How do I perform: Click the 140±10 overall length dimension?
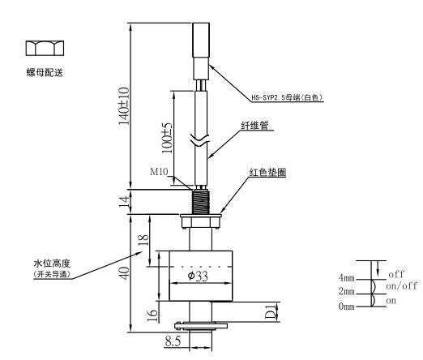(124, 105)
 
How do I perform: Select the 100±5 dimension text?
(167, 138)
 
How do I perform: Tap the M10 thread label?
(159, 171)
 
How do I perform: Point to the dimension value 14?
(125, 202)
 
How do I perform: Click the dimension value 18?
(143, 240)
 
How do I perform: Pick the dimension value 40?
(125, 273)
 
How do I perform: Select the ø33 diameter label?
(198, 276)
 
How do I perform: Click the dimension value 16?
(152, 315)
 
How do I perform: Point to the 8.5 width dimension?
(173, 341)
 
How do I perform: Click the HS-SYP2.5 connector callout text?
(287, 97)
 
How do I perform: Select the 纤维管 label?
(254, 126)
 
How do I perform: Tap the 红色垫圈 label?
(267, 172)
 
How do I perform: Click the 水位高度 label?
(52, 263)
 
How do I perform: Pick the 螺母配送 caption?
(45, 72)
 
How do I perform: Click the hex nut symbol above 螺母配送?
(45, 49)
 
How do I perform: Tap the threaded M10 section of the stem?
(200, 202)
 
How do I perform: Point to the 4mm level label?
(347, 277)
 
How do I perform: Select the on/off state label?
(402, 286)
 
